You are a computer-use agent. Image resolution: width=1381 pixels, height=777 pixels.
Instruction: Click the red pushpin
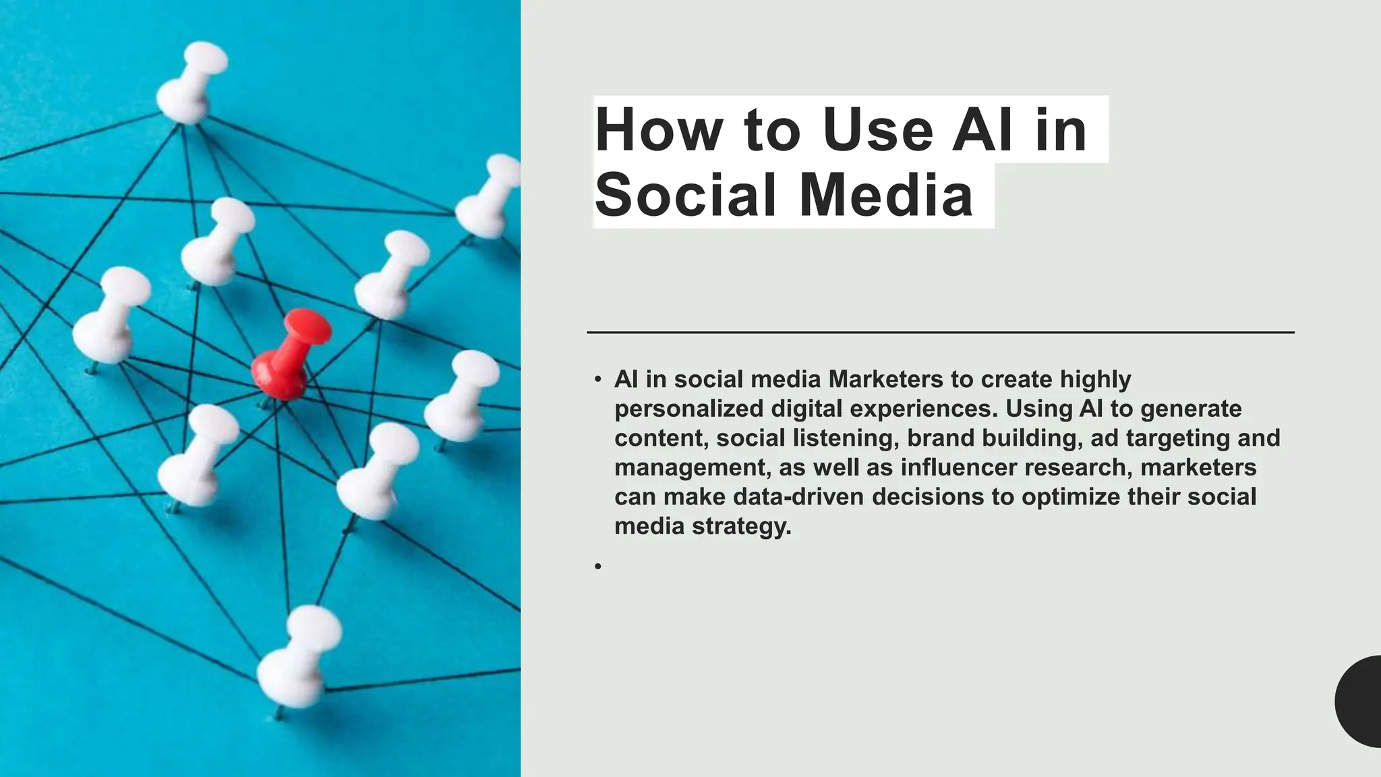coord(289,354)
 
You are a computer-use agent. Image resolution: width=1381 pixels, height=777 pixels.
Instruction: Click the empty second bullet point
coord(598,567)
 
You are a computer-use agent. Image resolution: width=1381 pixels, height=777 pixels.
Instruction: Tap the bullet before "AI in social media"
coord(598,380)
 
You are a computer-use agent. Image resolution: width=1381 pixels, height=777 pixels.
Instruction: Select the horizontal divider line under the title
coord(940,332)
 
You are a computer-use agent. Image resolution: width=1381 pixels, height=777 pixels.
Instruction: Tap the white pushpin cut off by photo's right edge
coord(489,196)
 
